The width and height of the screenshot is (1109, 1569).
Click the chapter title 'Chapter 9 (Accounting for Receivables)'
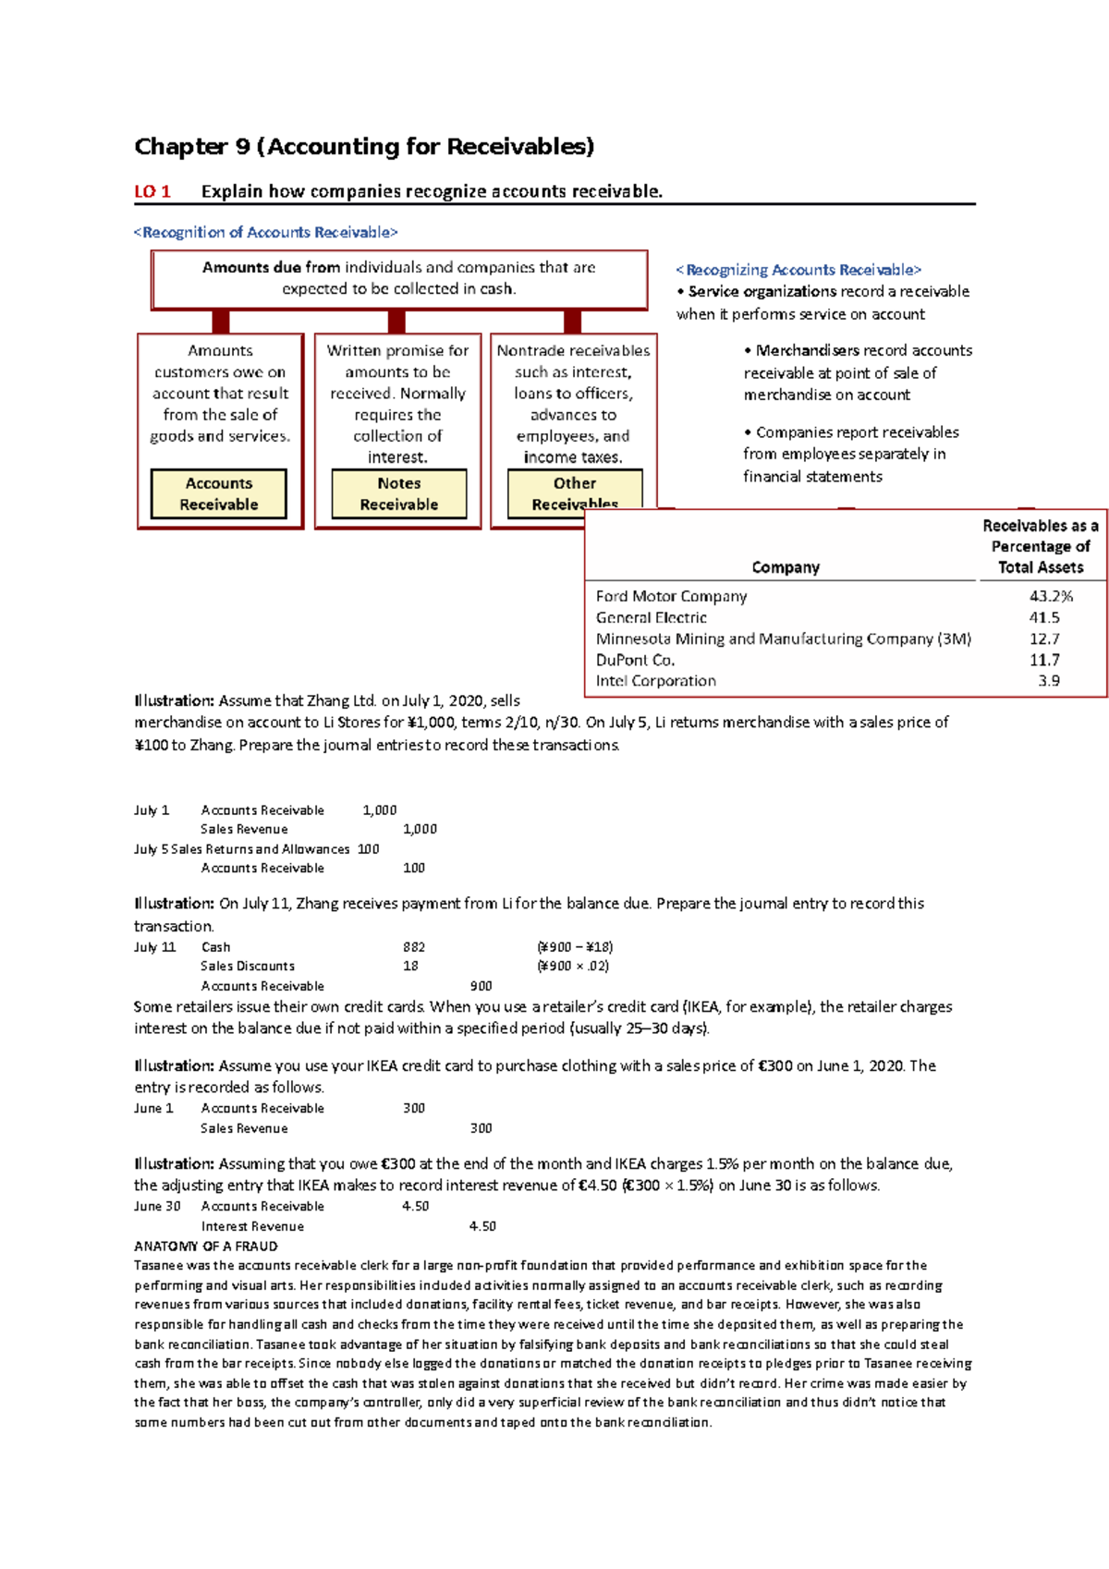364,147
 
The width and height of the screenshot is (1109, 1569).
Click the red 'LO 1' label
152,192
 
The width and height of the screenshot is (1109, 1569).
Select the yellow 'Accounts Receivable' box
219,494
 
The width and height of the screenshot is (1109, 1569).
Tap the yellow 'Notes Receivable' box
399,494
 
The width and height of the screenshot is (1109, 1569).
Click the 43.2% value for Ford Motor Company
1051,597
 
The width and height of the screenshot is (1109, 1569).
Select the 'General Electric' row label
652,618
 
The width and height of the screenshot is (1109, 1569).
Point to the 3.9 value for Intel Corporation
1049,681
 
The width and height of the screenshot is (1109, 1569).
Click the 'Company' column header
786,567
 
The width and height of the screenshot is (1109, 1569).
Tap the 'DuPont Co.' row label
636,661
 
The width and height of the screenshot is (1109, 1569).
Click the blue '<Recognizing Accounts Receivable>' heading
798,270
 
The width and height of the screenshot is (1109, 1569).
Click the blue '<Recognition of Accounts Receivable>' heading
266,233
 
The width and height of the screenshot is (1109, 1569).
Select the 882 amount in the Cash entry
414,947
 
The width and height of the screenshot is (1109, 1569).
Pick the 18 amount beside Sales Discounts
410,967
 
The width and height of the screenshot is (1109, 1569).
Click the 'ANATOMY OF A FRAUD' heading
206,1247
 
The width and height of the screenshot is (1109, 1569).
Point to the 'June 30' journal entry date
157,1207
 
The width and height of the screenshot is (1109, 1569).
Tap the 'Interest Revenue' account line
252,1227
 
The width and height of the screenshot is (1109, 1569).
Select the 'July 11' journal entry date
154,947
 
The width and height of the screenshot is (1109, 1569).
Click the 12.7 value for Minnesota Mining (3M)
1044,639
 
